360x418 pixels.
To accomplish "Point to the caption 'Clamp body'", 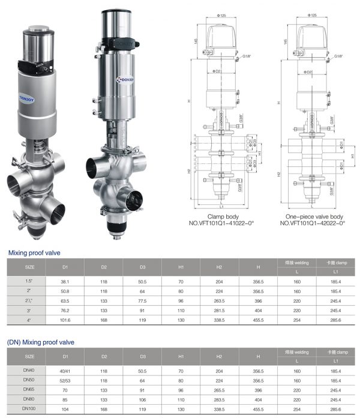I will [x=223, y=216].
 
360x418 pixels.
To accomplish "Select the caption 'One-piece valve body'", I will [x=312, y=216].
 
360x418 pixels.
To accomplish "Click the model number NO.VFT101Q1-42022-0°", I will [x=312, y=223].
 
